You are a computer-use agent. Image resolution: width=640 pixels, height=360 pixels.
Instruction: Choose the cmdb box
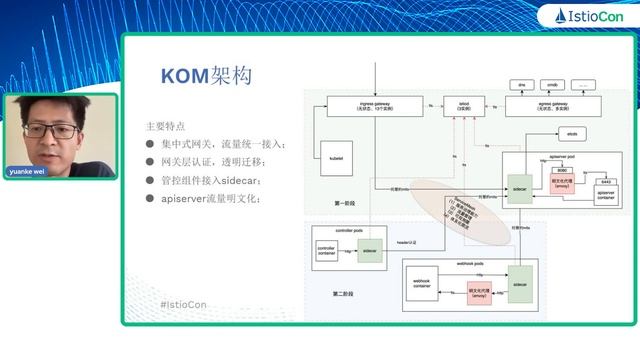[x=552, y=85]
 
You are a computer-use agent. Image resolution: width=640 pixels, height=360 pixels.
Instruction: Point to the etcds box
[x=572, y=132]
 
